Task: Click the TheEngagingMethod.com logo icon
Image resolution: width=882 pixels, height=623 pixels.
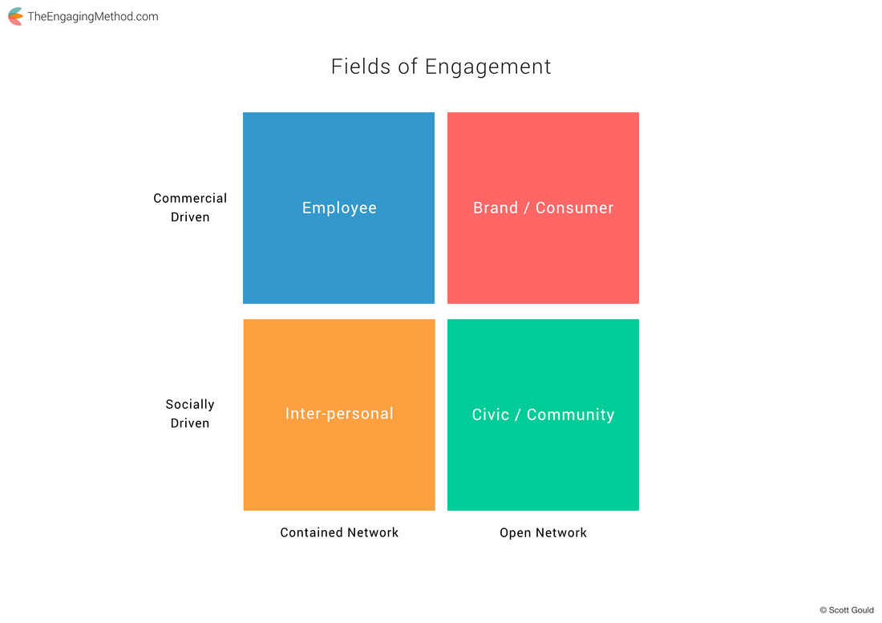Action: point(15,16)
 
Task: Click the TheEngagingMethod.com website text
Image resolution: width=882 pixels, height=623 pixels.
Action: point(93,17)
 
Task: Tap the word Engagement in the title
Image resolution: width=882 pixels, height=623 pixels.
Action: point(488,67)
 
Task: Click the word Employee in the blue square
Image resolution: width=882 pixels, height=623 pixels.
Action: point(339,208)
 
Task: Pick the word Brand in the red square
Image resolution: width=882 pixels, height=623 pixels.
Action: point(495,208)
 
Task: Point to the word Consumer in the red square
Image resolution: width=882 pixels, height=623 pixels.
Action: point(574,208)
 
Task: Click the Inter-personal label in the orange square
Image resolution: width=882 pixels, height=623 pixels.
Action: point(339,414)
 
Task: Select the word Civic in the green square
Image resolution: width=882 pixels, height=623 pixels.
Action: point(490,415)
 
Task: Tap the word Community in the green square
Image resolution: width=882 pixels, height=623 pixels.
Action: point(570,415)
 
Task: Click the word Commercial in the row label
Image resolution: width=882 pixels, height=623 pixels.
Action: point(190,198)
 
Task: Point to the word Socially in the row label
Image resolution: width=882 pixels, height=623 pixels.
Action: point(190,404)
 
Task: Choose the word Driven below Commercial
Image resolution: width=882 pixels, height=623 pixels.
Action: point(190,217)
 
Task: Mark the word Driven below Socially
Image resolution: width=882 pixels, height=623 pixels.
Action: point(190,423)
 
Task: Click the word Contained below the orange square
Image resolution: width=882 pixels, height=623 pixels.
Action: point(311,532)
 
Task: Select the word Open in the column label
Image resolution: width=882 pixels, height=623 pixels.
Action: point(515,533)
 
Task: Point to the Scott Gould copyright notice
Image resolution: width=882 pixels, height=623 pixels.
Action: point(847,610)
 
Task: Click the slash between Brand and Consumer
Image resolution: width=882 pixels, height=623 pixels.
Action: point(527,208)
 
